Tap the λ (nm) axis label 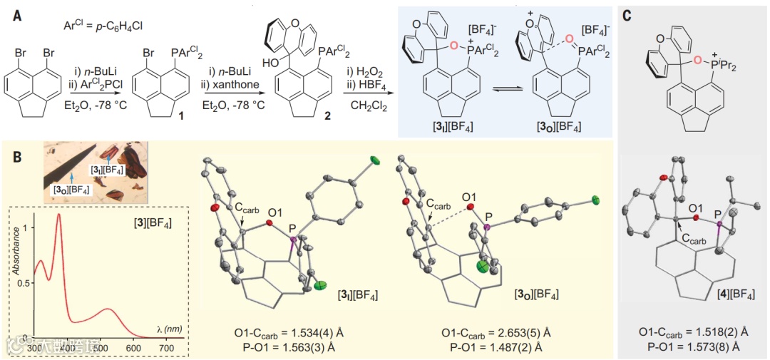click(170, 329)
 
